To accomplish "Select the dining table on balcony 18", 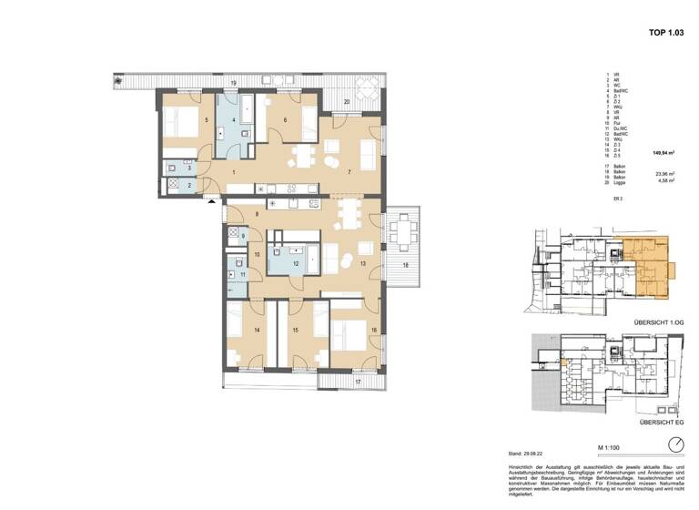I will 402,231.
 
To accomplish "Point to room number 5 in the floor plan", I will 207,120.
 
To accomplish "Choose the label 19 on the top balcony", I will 234,84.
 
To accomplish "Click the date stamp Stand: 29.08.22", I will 526,452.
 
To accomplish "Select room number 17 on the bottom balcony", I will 358,381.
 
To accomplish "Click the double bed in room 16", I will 347,332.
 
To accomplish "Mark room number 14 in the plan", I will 257,330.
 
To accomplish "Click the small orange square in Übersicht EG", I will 565,364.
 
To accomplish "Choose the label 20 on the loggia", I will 346,102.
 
